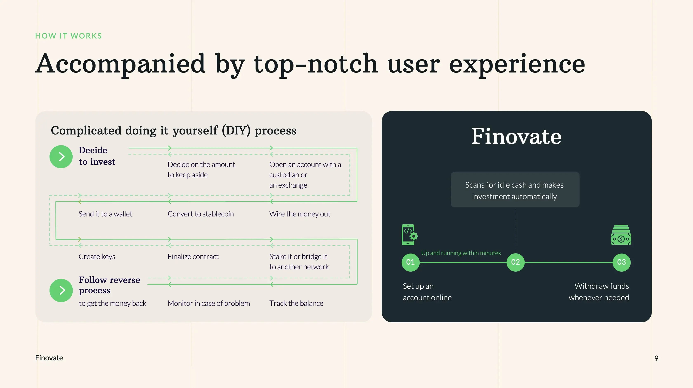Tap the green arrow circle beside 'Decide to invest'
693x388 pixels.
coord(61,157)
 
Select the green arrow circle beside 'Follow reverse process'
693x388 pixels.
coord(61,290)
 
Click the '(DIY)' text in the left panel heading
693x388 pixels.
coord(236,131)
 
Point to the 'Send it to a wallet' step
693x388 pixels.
coord(105,214)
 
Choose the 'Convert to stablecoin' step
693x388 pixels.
coord(201,214)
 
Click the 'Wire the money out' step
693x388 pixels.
coord(300,214)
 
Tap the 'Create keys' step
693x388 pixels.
coord(97,257)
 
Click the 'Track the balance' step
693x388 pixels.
coord(296,303)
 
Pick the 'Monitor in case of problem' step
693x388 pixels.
coord(209,303)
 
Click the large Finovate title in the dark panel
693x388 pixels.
coord(516,137)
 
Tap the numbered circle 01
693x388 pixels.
coord(410,262)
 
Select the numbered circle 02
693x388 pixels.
coord(515,262)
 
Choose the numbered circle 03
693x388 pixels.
coord(621,262)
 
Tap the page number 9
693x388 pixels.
coord(656,358)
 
